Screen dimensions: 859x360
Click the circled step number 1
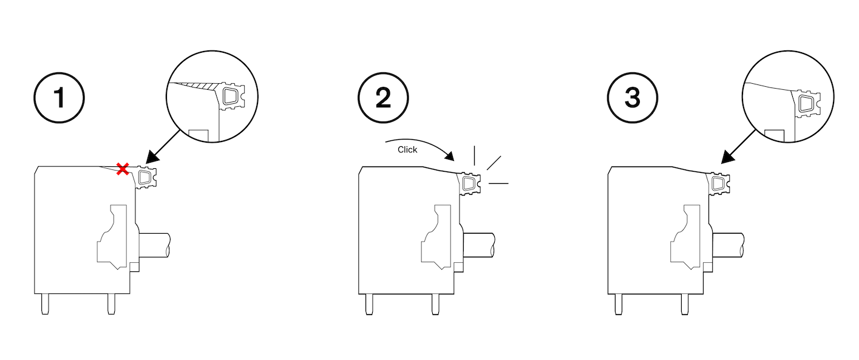pyautogui.click(x=59, y=98)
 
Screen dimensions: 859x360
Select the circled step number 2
pyautogui.click(x=383, y=98)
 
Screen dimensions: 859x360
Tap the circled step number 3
pyautogui.click(x=633, y=98)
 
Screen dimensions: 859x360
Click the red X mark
pyautogui.click(x=123, y=169)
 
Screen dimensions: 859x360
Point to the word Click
pyautogui.click(x=407, y=149)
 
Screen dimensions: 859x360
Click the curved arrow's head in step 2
pyautogui.click(x=449, y=157)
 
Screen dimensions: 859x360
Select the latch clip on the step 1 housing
pyautogui.click(x=146, y=177)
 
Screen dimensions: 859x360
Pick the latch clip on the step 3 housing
pyautogui.click(x=719, y=184)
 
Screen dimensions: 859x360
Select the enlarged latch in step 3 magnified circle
pyautogui.click(x=807, y=104)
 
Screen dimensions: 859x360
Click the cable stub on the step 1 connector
pyautogui.click(x=154, y=245)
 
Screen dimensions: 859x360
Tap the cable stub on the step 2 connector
pyautogui.click(x=478, y=245)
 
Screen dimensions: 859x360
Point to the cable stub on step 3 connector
pyautogui.click(x=728, y=245)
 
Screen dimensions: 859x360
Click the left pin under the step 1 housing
pyautogui.click(x=46, y=304)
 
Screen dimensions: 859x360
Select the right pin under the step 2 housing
pyautogui.click(x=435, y=304)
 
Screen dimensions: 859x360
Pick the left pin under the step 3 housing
pyautogui.click(x=618, y=304)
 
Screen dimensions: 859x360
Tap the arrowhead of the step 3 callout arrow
pyautogui.click(x=728, y=157)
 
